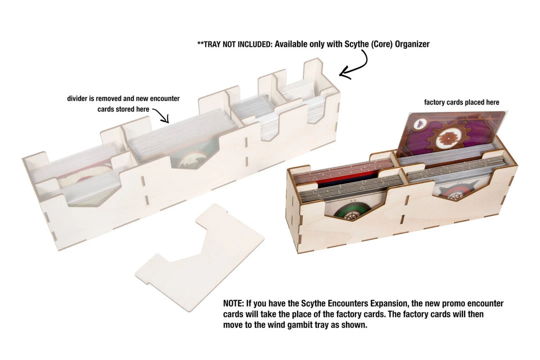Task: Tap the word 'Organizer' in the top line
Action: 412,44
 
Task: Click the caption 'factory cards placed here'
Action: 461,102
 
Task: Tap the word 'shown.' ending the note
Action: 355,324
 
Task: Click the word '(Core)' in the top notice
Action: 382,44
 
